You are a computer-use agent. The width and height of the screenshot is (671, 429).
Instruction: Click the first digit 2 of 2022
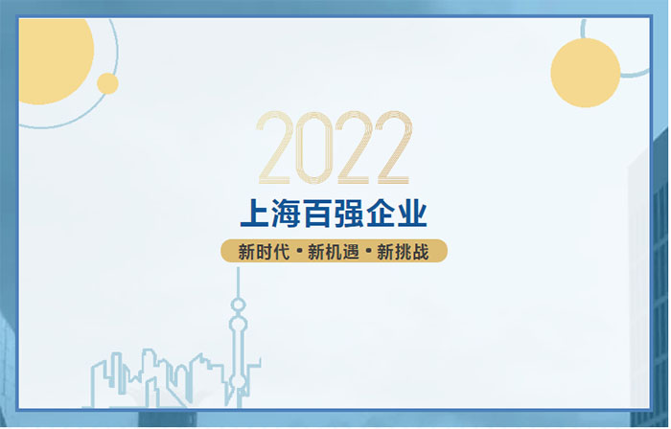click(276, 148)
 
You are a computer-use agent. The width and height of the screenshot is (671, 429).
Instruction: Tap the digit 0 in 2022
click(315, 148)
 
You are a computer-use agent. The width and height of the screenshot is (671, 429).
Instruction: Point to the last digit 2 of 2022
click(393, 148)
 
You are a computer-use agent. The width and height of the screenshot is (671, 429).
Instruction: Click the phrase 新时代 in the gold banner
click(264, 251)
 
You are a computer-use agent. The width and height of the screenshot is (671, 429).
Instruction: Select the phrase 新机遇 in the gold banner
click(334, 251)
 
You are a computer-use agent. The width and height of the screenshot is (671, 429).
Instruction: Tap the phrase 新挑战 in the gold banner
click(403, 251)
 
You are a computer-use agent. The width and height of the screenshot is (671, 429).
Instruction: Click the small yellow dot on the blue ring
click(107, 83)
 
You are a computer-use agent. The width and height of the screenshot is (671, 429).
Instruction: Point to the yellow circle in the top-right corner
click(585, 73)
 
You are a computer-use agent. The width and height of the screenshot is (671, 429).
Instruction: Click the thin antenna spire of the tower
click(239, 282)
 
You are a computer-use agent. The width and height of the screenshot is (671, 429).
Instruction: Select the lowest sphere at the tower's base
click(237, 381)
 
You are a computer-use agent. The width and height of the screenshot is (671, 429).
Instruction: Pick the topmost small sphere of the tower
click(239, 305)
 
